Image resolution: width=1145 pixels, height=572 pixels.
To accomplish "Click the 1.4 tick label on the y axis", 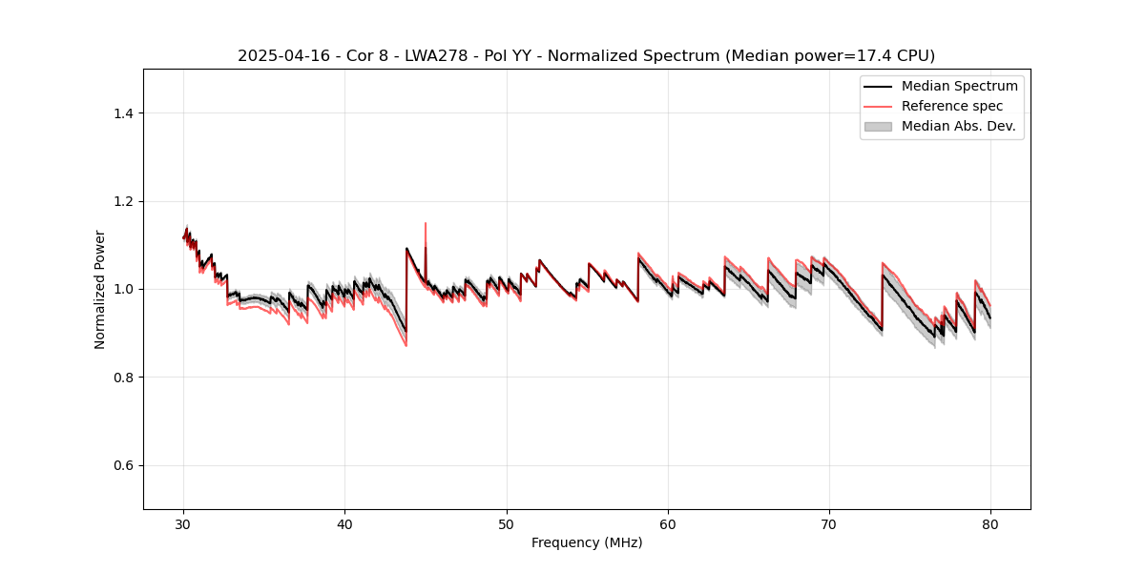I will point(122,113).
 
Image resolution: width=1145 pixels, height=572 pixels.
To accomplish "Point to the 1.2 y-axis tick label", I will point(122,201).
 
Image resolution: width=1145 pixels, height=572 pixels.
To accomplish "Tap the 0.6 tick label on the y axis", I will point(122,465).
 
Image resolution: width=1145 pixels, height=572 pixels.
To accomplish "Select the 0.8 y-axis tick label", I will point(122,378).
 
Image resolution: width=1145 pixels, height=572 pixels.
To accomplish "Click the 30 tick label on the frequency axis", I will point(183,524).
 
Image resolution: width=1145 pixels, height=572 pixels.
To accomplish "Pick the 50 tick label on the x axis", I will point(507,524).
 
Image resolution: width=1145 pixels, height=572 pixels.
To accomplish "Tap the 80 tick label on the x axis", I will point(990,524).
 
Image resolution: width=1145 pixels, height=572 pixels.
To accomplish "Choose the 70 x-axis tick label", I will point(829,524).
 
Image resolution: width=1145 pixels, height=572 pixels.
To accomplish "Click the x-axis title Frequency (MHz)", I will point(587,542).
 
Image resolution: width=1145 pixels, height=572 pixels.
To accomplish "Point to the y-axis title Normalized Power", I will point(100,289).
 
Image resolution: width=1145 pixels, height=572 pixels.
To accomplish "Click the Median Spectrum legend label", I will point(959,86).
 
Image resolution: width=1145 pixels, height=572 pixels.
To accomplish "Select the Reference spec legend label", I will point(951,106).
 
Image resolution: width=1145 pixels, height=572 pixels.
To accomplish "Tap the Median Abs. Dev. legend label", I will point(958,126).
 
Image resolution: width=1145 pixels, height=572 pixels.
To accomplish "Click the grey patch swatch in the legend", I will point(878,126).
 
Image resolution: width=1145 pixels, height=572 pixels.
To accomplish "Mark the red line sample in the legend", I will point(878,106).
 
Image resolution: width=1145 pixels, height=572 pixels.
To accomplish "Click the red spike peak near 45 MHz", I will point(426,223).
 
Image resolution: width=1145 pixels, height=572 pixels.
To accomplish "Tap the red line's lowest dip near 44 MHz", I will point(406,345).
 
